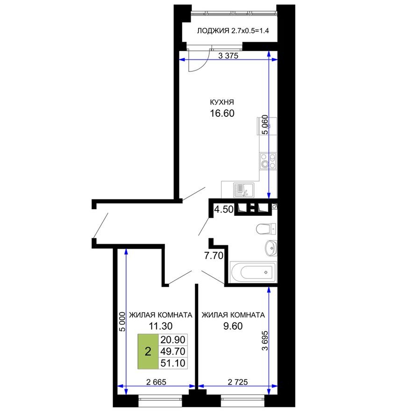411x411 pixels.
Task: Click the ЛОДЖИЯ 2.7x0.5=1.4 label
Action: pos(234,31)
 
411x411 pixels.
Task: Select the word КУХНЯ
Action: pos(222,102)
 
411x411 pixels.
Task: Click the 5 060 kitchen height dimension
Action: pos(265,125)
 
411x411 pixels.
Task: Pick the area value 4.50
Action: pos(223,210)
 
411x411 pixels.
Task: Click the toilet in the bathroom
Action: pos(266,229)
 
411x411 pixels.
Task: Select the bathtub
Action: pos(253,272)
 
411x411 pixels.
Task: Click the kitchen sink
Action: pos(242,190)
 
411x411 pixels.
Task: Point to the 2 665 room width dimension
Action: pos(156,382)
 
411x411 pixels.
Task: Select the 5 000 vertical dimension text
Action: pos(121,321)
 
